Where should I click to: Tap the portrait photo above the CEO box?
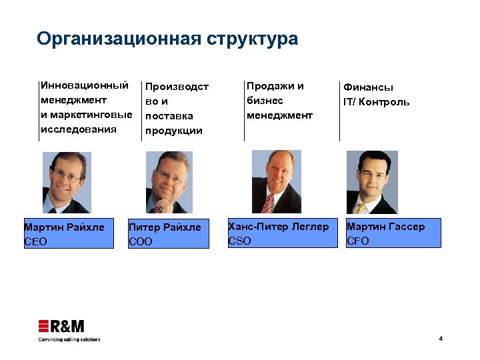tap(67, 182)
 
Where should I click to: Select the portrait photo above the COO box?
tap(169, 182)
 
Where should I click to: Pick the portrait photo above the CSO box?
tap(276, 181)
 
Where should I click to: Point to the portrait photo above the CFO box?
tap(373, 181)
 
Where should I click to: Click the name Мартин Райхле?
tap(64, 227)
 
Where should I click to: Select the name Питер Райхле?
tap(165, 227)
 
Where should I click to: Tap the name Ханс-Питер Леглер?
tap(279, 227)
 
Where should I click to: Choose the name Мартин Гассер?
tap(385, 227)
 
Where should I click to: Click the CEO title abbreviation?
tap(35, 241)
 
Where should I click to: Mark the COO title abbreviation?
tap(141, 242)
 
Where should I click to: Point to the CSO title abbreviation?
tap(240, 241)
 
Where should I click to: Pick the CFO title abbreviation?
tap(358, 241)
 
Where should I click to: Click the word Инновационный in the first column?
tap(85, 85)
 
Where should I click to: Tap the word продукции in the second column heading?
tap(174, 130)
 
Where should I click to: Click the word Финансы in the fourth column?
tap(368, 87)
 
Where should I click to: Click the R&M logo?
tap(61, 326)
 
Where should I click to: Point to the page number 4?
tap(441, 339)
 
